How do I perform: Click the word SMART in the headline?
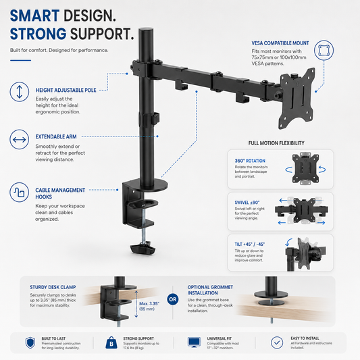coord(34,16)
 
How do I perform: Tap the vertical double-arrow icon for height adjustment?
coord(20,92)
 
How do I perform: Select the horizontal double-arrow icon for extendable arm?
coord(20,139)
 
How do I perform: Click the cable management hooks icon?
coord(20,192)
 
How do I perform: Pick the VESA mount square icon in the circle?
coord(324,50)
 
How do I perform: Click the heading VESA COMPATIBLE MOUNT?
coord(280,43)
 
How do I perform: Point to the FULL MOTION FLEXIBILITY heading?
coord(276,143)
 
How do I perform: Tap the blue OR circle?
coord(173,299)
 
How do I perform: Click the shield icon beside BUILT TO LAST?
coord(30,343)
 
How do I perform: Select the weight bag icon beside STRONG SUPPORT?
coord(111,342)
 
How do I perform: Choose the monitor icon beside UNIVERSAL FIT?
coord(194,342)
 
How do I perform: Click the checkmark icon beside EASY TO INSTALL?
coord(277,342)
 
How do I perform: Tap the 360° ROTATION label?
coord(250,161)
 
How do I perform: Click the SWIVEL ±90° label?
coord(247,203)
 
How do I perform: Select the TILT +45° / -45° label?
coord(249,244)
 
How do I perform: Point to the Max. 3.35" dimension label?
coord(149,303)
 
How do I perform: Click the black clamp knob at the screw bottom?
coord(143,249)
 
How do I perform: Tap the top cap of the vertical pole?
coord(147,30)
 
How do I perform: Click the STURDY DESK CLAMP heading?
coord(53,287)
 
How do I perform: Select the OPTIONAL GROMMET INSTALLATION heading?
coord(210,290)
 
